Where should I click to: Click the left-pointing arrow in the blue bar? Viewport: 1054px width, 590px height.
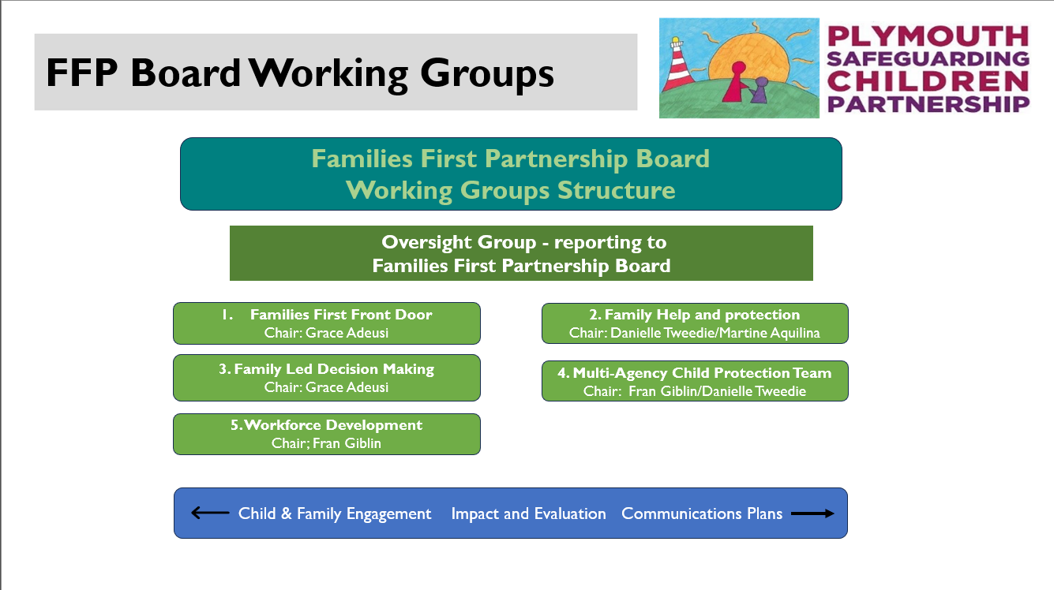pyautogui.click(x=210, y=513)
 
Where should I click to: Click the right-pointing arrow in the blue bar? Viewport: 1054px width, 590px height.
pyautogui.click(x=812, y=513)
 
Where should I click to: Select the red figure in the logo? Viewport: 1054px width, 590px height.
pyautogui.click(x=737, y=81)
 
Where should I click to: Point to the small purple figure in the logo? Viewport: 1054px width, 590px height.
pyautogui.click(x=759, y=90)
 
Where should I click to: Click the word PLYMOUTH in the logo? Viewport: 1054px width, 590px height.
pyautogui.click(x=928, y=35)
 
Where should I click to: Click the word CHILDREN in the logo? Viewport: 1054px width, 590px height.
pyautogui.click(x=928, y=81)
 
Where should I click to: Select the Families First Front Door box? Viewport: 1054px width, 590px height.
pyautogui.click(x=327, y=323)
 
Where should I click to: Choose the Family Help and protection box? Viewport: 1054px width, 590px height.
pyautogui.click(x=695, y=323)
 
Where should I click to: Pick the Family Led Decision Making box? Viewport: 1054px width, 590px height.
pyautogui.click(x=327, y=378)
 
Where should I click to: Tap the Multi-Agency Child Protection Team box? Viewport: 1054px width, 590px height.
pyautogui.click(x=695, y=381)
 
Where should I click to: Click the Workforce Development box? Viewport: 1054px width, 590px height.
pyautogui.click(x=327, y=434)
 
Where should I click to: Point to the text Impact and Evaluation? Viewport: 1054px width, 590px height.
pyautogui.click(x=528, y=513)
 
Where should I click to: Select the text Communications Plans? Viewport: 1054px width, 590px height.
pyautogui.click(x=702, y=513)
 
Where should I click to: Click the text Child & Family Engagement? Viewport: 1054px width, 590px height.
pyautogui.click(x=335, y=513)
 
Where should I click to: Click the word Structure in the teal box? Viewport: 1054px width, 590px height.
pyautogui.click(x=616, y=190)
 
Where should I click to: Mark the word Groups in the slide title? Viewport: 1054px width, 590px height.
pyautogui.click(x=486, y=74)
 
